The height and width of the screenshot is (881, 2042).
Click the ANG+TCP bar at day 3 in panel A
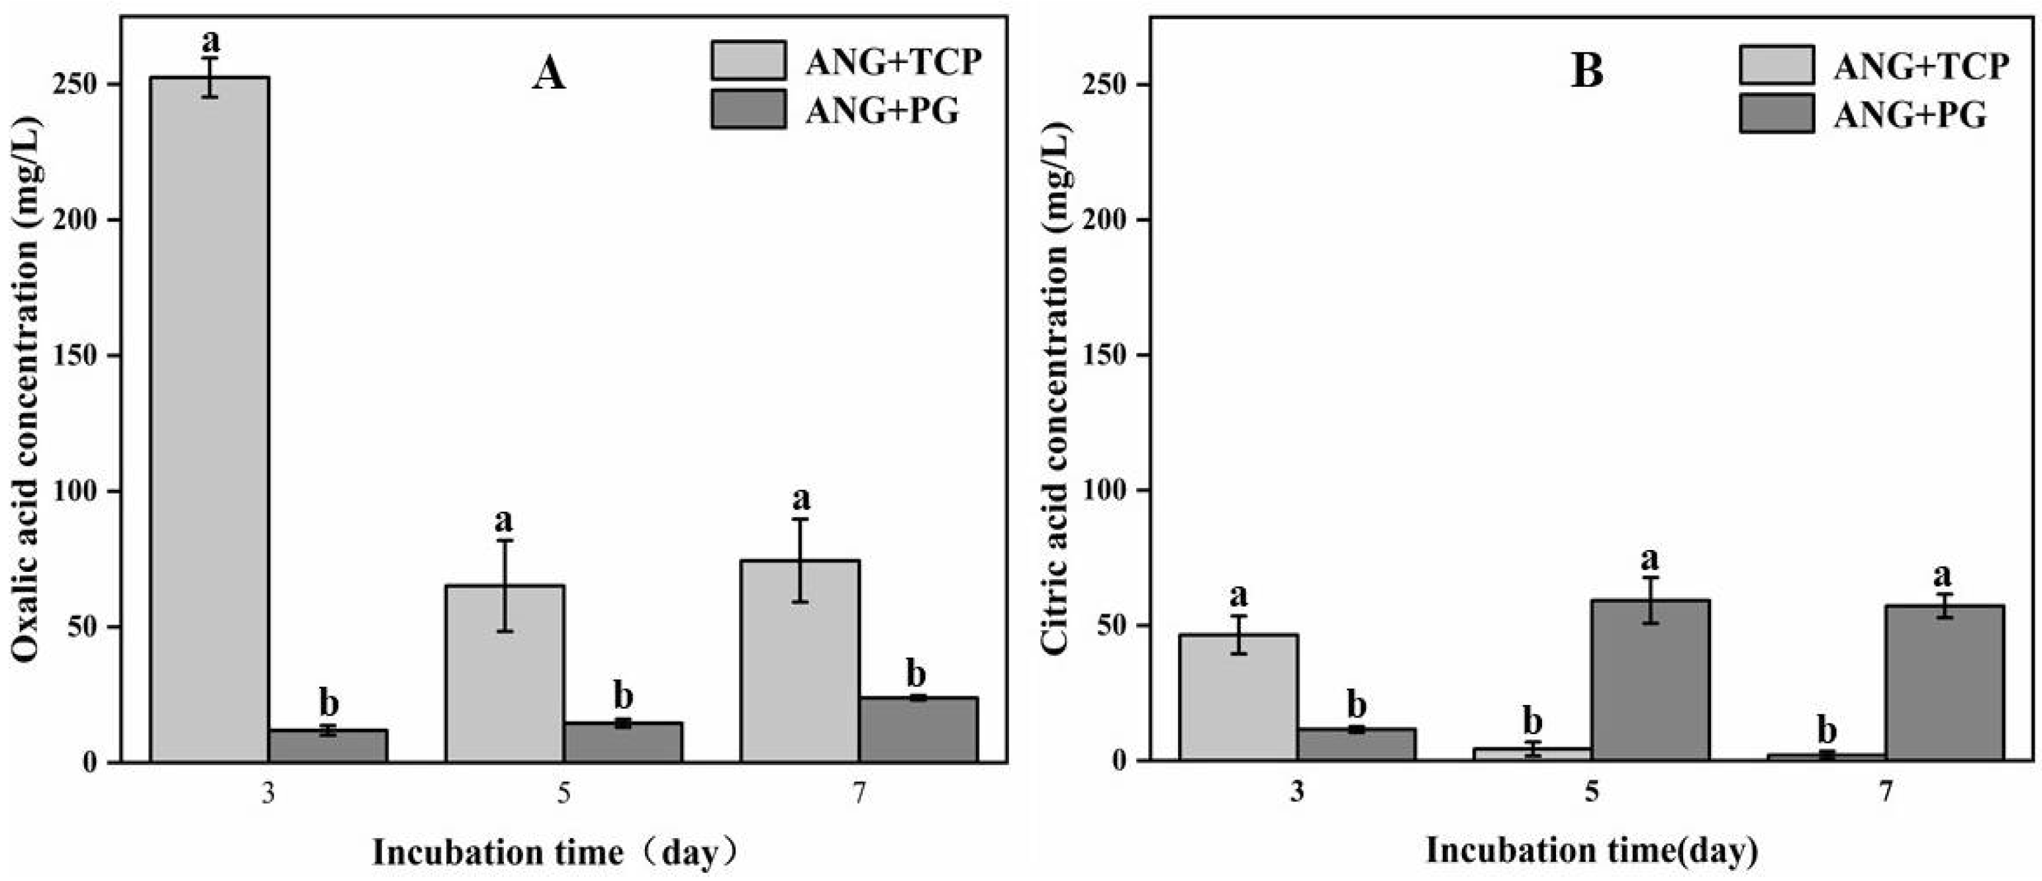click(x=209, y=420)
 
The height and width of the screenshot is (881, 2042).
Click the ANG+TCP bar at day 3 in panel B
click(x=1238, y=697)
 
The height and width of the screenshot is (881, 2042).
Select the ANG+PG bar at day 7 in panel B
click(x=1944, y=682)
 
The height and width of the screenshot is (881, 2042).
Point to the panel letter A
click(x=548, y=75)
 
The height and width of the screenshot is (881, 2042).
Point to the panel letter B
click(x=1586, y=71)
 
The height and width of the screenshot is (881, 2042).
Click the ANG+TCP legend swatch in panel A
click(x=748, y=60)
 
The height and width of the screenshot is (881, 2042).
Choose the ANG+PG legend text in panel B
click(x=1910, y=116)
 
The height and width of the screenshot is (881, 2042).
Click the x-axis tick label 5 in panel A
click(x=563, y=794)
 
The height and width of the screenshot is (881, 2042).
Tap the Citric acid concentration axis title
click(x=1056, y=389)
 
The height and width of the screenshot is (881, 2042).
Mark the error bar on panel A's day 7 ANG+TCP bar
click(x=800, y=560)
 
